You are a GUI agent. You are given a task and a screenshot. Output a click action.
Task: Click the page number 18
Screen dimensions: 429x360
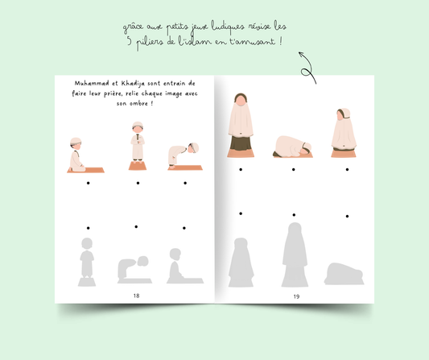click(x=136, y=296)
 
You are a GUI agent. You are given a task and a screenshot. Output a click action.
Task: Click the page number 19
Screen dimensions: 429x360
click(x=296, y=296)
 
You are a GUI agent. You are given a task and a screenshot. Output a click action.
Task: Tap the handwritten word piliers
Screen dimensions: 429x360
click(x=150, y=43)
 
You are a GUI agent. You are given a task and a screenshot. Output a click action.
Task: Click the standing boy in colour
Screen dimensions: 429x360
click(x=138, y=146)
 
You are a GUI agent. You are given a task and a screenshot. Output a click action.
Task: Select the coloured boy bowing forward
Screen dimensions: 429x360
click(x=184, y=156)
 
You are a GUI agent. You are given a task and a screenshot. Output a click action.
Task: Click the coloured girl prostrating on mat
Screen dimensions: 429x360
click(x=293, y=147)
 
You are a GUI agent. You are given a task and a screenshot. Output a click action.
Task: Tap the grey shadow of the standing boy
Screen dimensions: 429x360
click(x=87, y=262)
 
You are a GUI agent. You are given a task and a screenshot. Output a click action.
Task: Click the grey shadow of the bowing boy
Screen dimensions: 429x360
click(x=134, y=269)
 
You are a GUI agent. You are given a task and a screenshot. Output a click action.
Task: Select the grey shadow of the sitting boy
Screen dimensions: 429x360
click(x=184, y=266)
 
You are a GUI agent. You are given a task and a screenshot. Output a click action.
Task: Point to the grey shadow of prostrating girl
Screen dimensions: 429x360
click(x=344, y=274)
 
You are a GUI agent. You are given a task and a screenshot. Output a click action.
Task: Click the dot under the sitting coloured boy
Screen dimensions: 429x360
click(x=88, y=183)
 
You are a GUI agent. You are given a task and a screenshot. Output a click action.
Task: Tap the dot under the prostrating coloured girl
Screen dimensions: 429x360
click(x=293, y=169)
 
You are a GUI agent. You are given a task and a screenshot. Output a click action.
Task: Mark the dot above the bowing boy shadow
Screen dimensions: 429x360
click(x=136, y=226)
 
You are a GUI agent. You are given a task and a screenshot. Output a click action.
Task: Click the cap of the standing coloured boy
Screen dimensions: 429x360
click(x=138, y=124)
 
